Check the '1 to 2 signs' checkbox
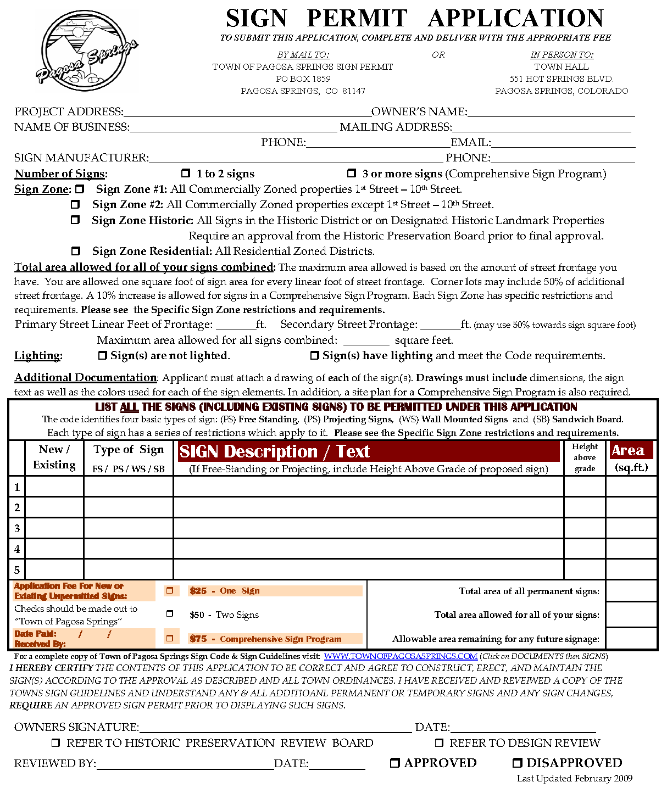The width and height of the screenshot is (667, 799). [x=186, y=174]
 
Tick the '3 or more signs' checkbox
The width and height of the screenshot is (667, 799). [x=352, y=174]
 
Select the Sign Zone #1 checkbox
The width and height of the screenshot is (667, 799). [x=80, y=189]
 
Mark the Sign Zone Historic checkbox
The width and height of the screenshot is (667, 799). [x=75, y=220]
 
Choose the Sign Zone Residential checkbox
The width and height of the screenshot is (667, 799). [x=76, y=251]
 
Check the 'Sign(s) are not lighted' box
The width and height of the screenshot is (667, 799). [x=102, y=356]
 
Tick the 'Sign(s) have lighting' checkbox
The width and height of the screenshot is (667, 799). [x=315, y=356]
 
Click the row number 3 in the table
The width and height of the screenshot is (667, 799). [x=17, y=528]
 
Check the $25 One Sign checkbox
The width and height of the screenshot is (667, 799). [x=170, y=591]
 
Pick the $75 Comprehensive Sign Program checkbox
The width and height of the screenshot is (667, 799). [x=170, y=638]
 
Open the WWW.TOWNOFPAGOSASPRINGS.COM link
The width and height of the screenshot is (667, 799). [x=401, y=656]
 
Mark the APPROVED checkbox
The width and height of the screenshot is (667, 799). [x=395, y=763]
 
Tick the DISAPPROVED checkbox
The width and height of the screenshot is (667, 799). [x=518, y=763]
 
